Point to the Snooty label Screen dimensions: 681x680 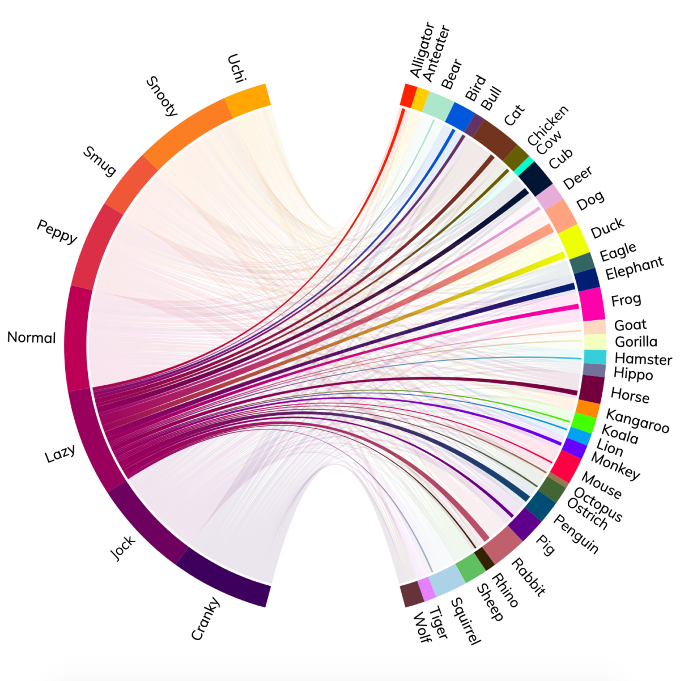(x=162, y=96)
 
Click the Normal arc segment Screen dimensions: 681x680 (x=76, y=339)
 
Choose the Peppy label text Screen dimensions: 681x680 (x=57, y=231)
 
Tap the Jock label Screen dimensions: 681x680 (x=123, y=548)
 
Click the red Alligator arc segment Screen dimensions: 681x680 (x=407, y=95)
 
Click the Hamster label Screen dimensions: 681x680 (x=643, y=359)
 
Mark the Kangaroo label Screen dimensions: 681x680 (x=637, y=422)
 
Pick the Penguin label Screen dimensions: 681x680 (x=576, y=534)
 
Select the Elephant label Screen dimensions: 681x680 (x=634, y=269)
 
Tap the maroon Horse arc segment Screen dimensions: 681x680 (x=591, y=389)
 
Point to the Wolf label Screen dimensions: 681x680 (x=422, y=627)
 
